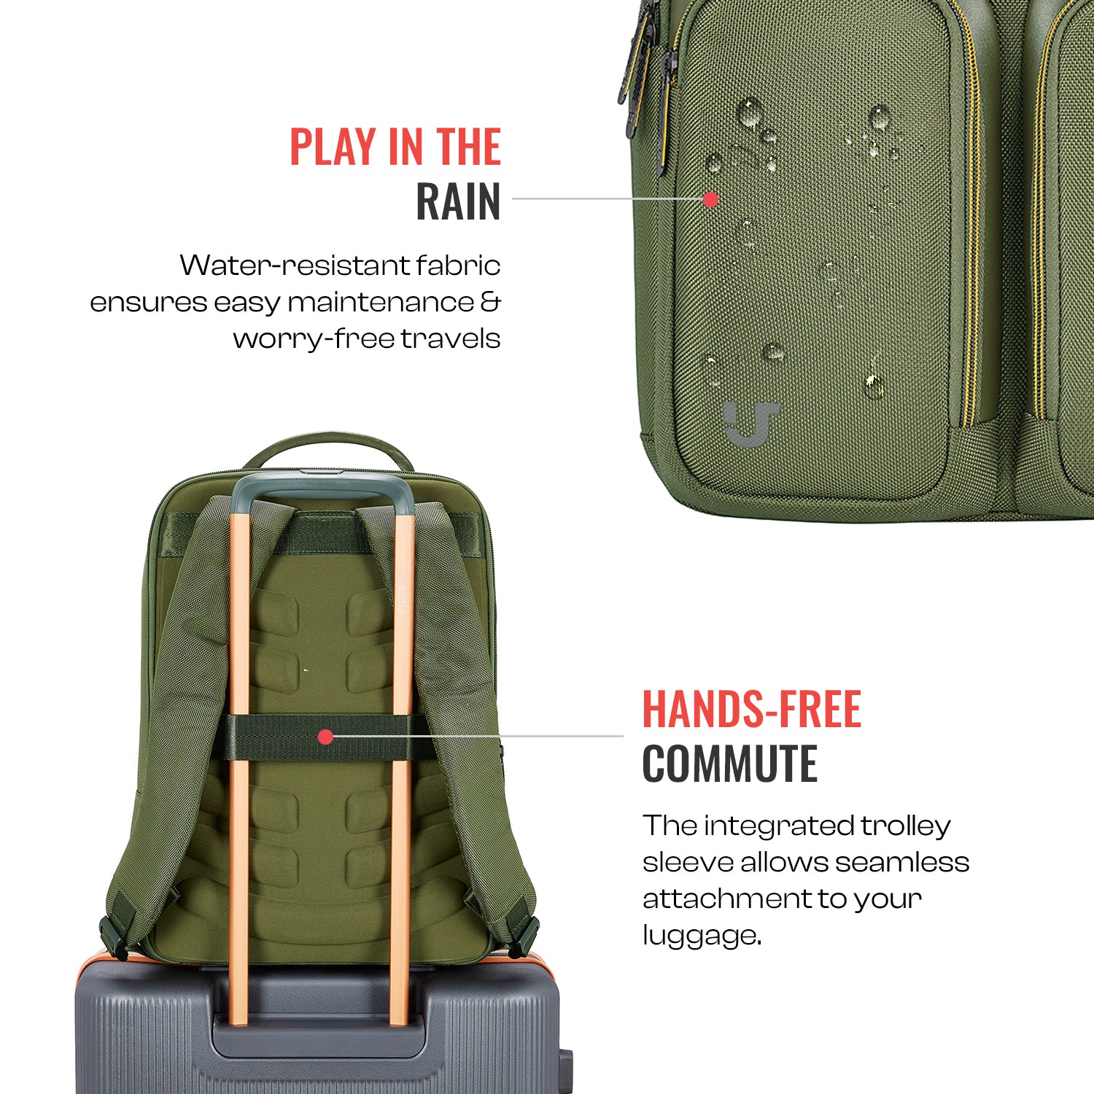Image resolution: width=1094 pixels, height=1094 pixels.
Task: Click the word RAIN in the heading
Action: coord(458,202)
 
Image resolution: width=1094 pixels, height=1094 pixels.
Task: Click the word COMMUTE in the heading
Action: coord(730,764)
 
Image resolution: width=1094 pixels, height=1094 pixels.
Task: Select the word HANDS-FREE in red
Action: coord(752,710)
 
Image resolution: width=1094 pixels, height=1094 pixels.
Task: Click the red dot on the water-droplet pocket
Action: coord(710,198)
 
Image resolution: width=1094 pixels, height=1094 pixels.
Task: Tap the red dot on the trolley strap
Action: coord(326,737)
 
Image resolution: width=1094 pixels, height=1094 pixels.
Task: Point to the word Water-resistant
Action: coord(295,265)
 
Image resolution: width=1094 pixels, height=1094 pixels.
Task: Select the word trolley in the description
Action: coord(905,826)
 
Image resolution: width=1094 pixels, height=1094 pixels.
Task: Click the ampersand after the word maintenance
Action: coord(491,302)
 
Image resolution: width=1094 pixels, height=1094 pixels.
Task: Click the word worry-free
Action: coord(314,339)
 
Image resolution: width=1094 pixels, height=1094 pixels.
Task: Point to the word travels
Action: coord(451,338)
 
